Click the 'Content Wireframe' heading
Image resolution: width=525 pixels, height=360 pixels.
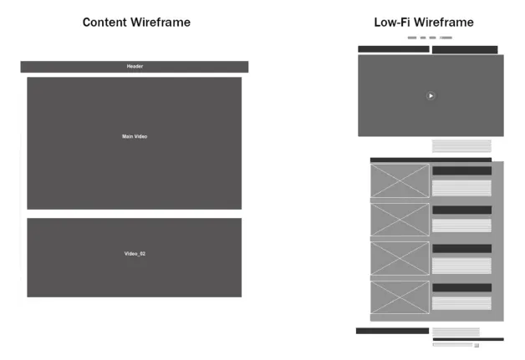click(135, 23)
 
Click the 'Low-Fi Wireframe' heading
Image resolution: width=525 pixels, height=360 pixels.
click(423, 23)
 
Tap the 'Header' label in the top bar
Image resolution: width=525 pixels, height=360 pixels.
click(135, 66)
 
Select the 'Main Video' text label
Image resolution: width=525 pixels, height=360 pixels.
click(135, 136)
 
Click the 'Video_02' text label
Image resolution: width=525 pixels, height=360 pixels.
click(135, 253)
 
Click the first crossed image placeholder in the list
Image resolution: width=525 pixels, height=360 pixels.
click(400, 180)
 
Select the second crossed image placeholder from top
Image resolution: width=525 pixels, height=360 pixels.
click(400, 219)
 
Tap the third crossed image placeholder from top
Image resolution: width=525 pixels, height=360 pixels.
click(400, 258)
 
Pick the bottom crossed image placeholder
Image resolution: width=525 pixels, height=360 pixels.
click(400, 297)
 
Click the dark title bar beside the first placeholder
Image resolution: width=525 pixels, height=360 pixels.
click(461, 170)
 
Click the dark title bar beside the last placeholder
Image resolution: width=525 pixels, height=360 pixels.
click(461, 287)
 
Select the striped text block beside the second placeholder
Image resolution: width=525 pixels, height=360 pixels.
click(461, 226)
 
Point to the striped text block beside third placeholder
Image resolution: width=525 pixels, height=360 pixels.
click(461, 265)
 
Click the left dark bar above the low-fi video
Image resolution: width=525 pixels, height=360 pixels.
click(393, 49)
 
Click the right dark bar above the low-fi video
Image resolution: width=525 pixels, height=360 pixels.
click(465, 49)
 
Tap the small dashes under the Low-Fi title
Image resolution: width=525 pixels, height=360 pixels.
click(430, 38)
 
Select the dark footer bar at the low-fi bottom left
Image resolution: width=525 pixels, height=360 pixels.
click(392, 331)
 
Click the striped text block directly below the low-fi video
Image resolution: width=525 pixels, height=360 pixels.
click(461, 145)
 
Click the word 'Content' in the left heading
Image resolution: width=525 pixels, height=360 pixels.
click(105, 23)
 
